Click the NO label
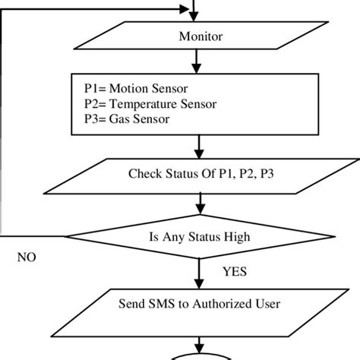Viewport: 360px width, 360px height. tap(27, 257)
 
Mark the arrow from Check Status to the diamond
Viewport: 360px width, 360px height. tap(198, 202)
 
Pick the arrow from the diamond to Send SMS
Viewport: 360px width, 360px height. tap(198, 270)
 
